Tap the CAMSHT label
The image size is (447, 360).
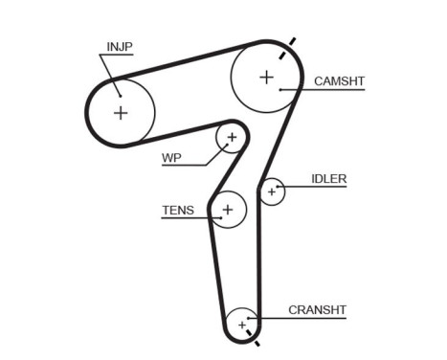[x=340, y=82]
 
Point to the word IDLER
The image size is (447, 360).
[x=328, y=179]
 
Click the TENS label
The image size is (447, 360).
[x=177, y=211]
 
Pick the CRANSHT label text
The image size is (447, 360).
[x=317, y=310]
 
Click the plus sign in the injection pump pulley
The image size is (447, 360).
[x=121, y=112]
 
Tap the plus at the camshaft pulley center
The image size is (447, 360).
[x=265, y=76]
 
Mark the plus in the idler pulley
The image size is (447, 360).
[x=272, y=192]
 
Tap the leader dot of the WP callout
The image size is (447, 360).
[x=228, y=146]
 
